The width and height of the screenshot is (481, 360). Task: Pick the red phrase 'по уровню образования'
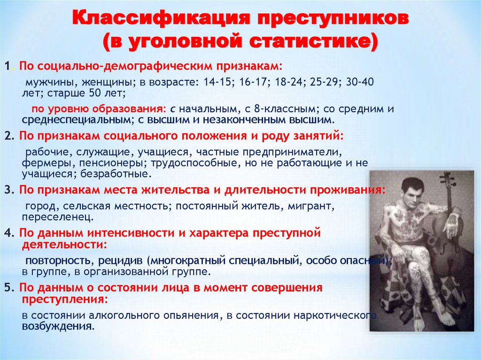[x=98, y=109]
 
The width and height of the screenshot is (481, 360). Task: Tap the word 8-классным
[x=282, y=109]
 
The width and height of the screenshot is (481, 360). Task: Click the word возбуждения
[x=57, y=326]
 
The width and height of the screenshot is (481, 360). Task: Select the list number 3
[x=7, y=190]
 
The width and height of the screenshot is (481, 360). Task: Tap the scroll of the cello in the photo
[x=444, y=177]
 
